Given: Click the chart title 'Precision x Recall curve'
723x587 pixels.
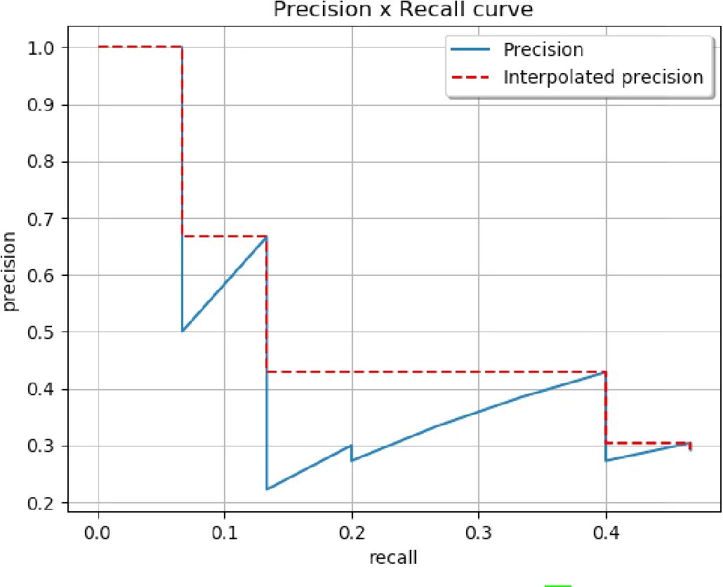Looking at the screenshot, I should point(403,10).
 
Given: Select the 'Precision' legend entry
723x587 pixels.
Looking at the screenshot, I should point(543,50).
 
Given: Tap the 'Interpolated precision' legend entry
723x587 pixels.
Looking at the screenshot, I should point(603,77).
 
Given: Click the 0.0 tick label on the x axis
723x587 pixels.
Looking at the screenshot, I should point(98,532).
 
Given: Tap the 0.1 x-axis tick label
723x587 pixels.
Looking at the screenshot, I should point(225,532).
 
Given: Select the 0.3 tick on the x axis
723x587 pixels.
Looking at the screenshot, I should point(479,532).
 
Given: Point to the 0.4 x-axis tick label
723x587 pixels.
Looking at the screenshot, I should point(605,532).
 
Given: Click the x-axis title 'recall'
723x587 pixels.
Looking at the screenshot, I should point(393,558).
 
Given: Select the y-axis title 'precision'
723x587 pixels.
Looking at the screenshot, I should point(10,274).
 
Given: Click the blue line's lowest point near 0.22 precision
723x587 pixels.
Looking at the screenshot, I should point(267,489).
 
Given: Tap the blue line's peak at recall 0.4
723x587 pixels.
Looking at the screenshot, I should point(605,372).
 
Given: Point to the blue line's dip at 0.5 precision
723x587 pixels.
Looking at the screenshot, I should point(183,331).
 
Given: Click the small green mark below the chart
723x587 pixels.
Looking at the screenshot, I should point(558,584).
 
